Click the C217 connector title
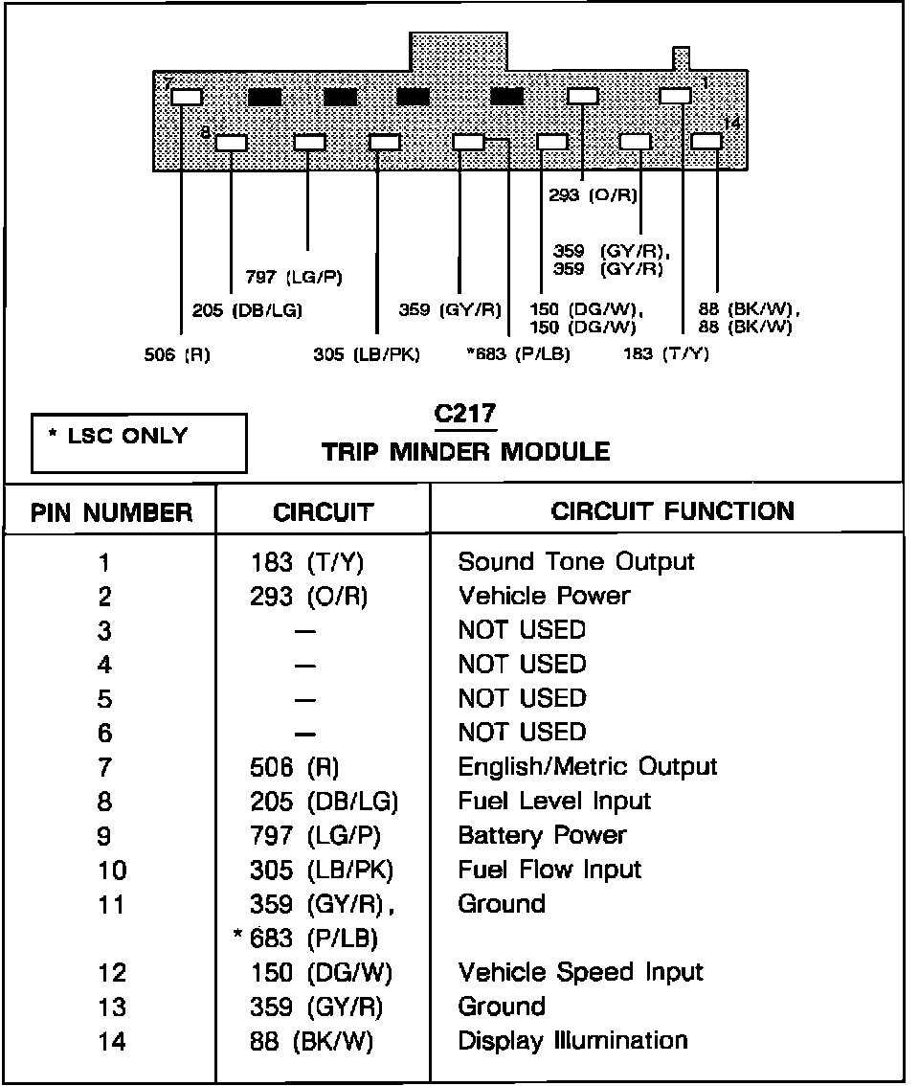pos(464,415)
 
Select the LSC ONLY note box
pos(138,442)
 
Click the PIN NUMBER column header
pos(111,512)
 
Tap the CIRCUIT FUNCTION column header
pos(672,510)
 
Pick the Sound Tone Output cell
pos(576,561)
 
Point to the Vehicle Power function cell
pos(544,596)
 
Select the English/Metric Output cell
pos(587,766)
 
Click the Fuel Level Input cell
pos(554,801)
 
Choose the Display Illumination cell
pos(572,1040)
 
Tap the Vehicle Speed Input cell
pos(580,972)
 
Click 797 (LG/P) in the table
pos(315,836)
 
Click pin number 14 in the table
pos(112,1041)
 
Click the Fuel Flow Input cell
pos(549,870)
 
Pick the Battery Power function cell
pos(542,835)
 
